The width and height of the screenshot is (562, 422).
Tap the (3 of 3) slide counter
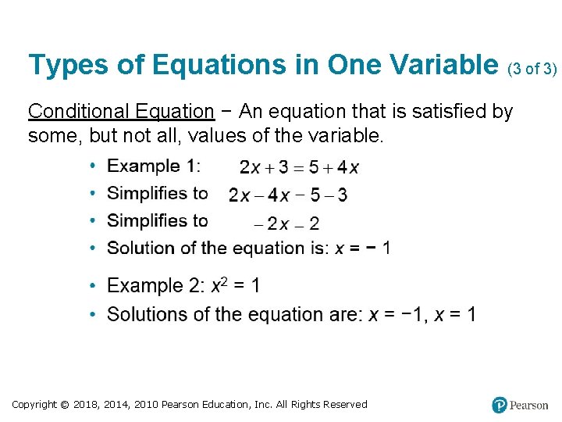click(x=532, y=70)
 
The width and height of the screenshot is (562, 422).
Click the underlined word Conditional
click(x=73, y=112)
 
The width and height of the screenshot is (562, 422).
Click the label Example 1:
click(x=153, y=166)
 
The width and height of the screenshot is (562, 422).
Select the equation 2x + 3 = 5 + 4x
click(x=299, y=167)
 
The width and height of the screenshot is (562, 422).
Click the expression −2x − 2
click(x=286, y=224)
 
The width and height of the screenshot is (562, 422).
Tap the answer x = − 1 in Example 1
click(x=363, y=249)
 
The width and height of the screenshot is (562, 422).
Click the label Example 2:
click(x=157, y=286)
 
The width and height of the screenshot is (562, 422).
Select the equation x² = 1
click(x=236, y=286)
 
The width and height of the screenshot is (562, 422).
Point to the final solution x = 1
click(x=454, y=314)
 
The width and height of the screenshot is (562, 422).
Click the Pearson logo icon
click(x=500, y=405)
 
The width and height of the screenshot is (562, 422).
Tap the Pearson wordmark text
click(x=528, y=406)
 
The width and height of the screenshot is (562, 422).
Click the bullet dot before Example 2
click(x=92, y=287)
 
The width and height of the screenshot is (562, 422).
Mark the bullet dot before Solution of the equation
click(x=92, y=249)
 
